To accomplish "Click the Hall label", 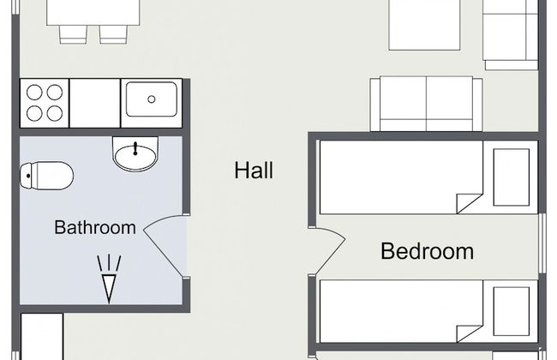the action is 254,170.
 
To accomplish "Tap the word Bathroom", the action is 95,227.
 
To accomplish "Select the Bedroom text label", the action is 427,251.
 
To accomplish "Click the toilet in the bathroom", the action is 46,176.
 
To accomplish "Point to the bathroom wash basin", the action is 135,154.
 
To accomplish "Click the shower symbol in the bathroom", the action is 109,279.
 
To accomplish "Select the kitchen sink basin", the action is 152,99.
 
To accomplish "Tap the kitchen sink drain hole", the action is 152,99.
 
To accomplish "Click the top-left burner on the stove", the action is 34,93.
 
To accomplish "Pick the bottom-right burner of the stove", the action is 55,114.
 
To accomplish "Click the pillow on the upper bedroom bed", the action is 512,177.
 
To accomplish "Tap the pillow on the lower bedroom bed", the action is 512,312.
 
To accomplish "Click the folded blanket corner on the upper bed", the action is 469,203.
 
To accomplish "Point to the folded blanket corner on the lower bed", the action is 469,333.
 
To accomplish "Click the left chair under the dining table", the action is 73,34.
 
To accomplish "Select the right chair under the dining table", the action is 113,34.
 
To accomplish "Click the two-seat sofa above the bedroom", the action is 426,104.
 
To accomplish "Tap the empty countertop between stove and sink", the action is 95,103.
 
